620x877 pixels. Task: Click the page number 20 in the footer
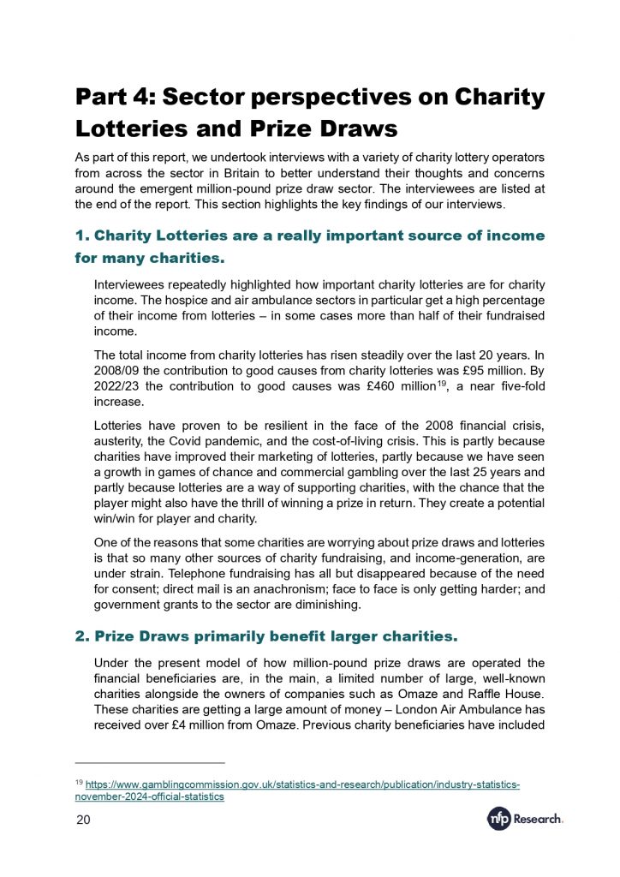coord(84,820)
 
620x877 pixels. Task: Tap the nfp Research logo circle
coord(498,820)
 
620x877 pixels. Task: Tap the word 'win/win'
coord(117,520)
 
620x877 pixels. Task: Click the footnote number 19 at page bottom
coord(80,782)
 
